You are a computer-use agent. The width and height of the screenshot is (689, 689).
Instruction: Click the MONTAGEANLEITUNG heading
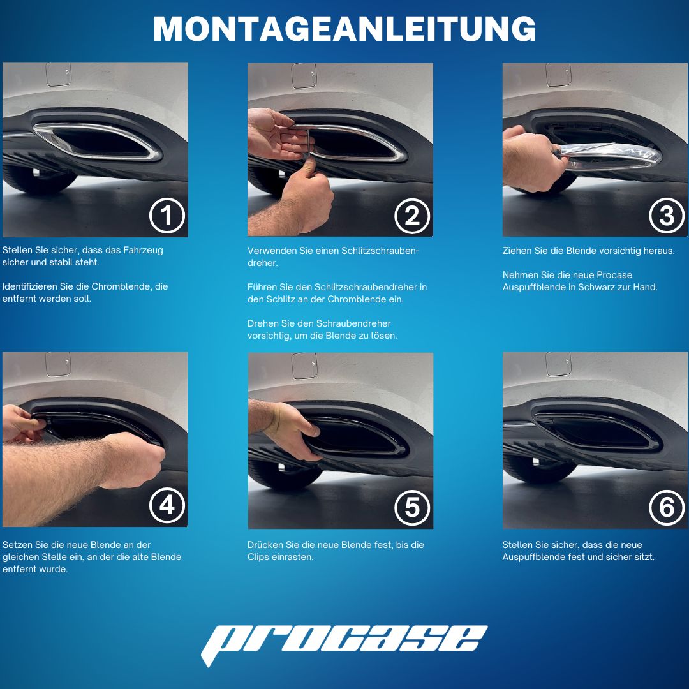pos(344,29)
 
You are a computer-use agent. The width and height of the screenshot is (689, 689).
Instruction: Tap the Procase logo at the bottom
pos(344,643)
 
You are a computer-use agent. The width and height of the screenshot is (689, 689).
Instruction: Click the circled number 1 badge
pos(167,216)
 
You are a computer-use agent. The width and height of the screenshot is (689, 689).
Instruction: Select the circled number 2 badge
pos(412,216)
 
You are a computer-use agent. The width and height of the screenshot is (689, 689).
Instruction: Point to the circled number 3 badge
pos(667,216)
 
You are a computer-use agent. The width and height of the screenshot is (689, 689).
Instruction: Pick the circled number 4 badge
pos(167,505)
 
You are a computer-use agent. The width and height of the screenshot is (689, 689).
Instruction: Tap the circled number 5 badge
pos(412,507)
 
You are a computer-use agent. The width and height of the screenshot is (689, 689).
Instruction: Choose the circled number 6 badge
pos(667,507)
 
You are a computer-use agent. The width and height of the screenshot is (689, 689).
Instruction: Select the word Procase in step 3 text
pos(614,275)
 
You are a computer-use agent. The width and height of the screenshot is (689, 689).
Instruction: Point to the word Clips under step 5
pos(258,557)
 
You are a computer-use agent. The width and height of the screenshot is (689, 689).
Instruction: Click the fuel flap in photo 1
pos(59,74)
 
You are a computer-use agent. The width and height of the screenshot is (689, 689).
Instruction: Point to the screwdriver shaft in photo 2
pos(308,143)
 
